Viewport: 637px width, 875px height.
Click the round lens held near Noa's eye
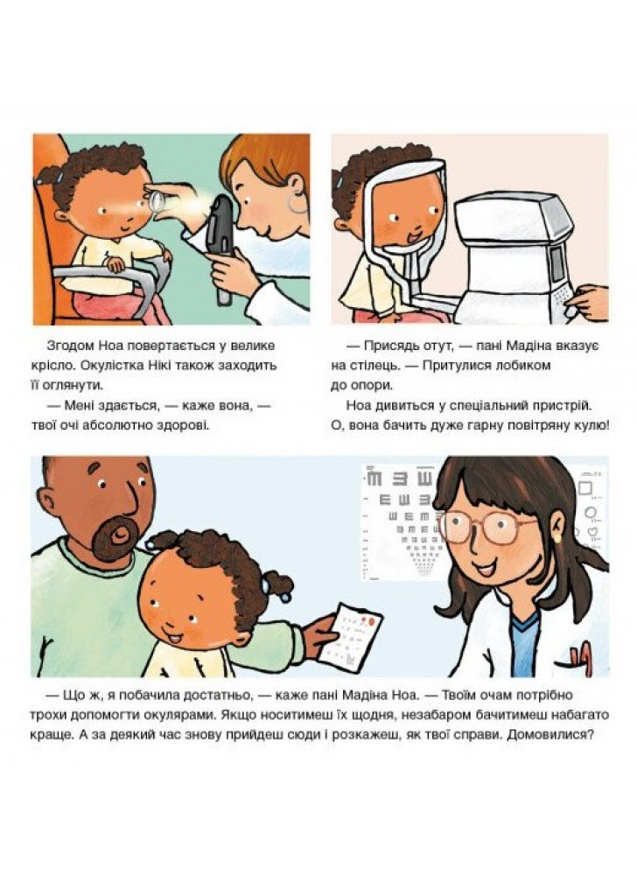pyautogui.click(x=157, y=199)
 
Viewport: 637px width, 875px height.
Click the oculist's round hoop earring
pyautogui.click(x=297, y=202)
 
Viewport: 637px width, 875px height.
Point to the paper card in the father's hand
pyautogui.click(x=353, y=634)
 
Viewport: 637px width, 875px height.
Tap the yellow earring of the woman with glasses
pyautogui.click(x=556, y=538)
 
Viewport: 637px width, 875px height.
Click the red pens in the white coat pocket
pyautogui.click(x=581, y=649)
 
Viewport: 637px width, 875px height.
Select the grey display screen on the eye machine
pyautogui.click(x=557, y=262)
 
